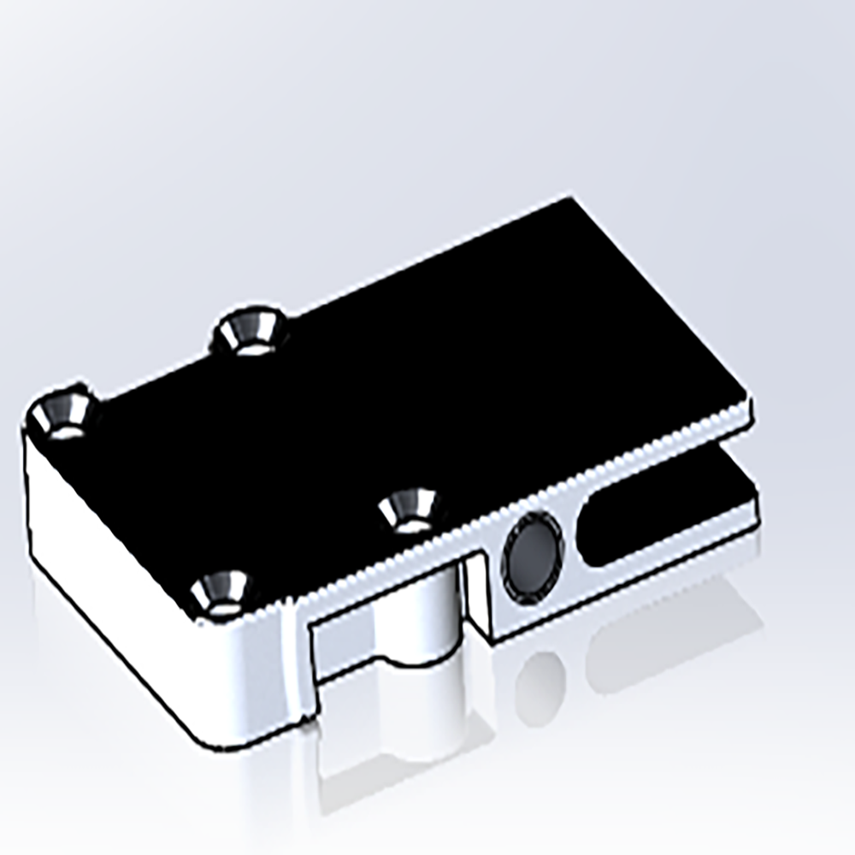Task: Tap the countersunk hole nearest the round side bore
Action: (408, 510)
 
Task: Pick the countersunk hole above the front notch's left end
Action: (221, 593)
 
